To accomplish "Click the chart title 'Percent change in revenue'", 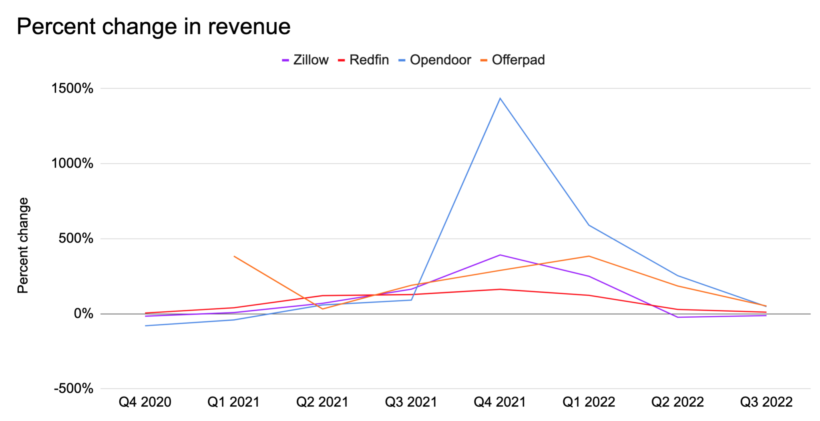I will (153, 27).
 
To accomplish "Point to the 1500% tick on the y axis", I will (72, 88).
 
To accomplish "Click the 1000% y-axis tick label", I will (72, 163).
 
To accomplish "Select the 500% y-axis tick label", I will (76, 239).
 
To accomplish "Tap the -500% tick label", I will (74, 389).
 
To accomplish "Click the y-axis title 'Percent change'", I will (23, 245).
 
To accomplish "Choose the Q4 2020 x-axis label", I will (145, 402).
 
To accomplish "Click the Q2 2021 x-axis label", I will (322, 402).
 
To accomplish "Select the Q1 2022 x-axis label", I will (589, 402).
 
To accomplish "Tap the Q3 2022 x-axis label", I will (766, 402).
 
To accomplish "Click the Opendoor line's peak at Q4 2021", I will (500, 98).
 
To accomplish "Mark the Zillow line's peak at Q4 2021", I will (500, 255).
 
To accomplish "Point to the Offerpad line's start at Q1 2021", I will (234, 256).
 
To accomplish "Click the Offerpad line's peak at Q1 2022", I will (589, 256).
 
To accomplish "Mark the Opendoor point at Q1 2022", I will (589, 225).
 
